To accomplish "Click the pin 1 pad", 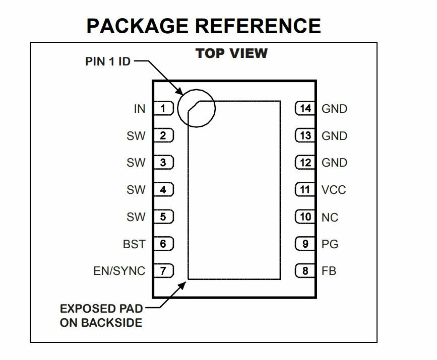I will (163, 108).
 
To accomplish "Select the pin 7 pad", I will (163, 271).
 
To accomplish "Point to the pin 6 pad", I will (163, 244).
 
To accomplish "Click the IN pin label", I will (139, 109).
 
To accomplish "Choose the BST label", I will (134, 244).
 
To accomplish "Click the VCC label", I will (334, 190).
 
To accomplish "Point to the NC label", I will (330, 218).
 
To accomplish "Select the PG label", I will (330, 244).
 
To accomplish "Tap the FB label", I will (329, 271).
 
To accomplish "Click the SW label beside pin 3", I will (136, 163).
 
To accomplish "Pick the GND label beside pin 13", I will (334, 136).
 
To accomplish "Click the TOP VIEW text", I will (232, 53).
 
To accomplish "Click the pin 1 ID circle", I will (196, 107).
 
